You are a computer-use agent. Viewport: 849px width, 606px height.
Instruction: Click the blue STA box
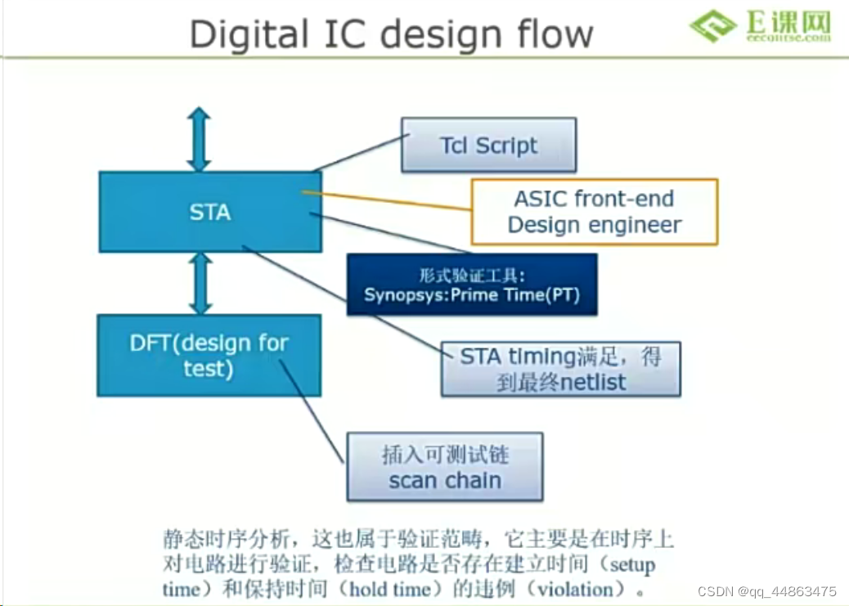point(209,212)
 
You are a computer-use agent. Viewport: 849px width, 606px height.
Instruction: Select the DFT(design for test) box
point(209,355)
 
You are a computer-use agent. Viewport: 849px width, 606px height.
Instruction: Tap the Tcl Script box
point(488,146)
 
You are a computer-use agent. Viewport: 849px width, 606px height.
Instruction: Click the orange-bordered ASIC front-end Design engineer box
point(594,212)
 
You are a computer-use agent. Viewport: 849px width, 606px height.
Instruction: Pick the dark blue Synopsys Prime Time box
point(472,285)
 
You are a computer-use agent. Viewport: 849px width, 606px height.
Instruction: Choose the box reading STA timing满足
point(560,369)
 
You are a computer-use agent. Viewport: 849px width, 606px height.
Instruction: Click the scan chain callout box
point(445,467)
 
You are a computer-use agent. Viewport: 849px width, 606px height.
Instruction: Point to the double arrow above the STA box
point(199,140)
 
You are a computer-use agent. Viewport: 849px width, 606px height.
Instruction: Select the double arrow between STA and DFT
point(199,283)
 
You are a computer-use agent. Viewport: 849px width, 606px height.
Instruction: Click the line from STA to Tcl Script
point(358,153)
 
